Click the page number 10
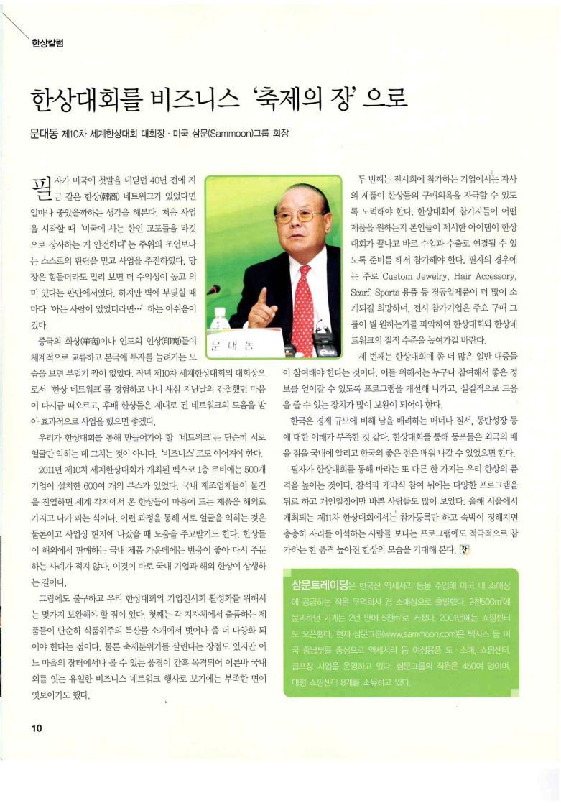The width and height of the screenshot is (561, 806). (x=37, y=727)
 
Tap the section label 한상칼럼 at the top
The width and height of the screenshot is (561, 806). (x=47, y=44)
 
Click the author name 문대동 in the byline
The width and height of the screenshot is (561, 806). (x=45, y=134)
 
